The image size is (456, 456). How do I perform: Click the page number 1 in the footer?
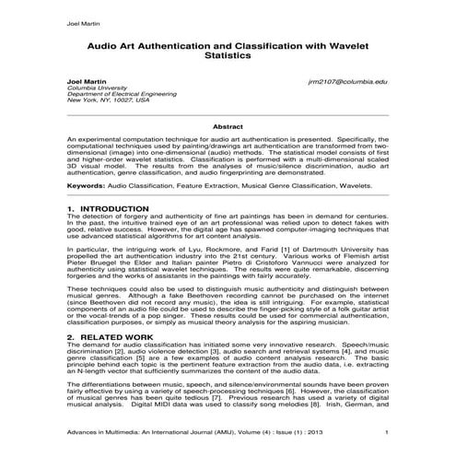coord(386,432)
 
